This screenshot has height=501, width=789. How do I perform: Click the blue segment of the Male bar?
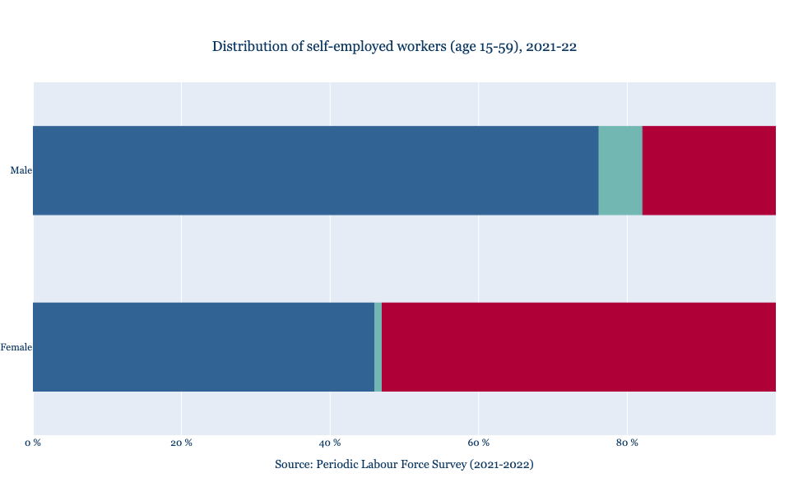pyautogui.click(x=315, y=170)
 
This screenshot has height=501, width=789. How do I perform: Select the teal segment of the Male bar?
pyautogui.click(x=620, y=170)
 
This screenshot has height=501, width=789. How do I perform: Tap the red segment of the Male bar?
pyautogui.click(x=708, y=170)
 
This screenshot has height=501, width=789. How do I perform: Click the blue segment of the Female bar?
pyautogui.click(x=203, y=347)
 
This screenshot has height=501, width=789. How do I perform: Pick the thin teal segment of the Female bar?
pyautogui.click(x=378, y=347)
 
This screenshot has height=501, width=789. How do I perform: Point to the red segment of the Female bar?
pyautogui.click(x=578, y=347)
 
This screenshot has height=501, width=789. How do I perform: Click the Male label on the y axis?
pyautogui.click(x=21, y=170)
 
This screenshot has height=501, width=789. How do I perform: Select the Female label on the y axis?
pyautogui.click(x=16, y=347)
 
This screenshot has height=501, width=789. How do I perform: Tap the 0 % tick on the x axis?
pyautogui.click(x=33, y=443)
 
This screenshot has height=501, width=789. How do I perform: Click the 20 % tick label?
pyautogui.click(x=181, y=443)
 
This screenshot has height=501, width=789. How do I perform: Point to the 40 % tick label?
pyautogui.click(x=330, y=443)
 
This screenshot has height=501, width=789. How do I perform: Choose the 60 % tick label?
pyautogui.click(x=479, y=443)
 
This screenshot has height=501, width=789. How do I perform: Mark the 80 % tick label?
pyautogui.click(x=627, y=443)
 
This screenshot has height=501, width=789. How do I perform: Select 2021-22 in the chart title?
pyautogui.click(x=552, y=46)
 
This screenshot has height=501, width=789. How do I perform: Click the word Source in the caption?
pyautogui.click(x=294, y=465)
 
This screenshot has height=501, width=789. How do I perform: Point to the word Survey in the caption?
pyautogui.click(x=447, y=465)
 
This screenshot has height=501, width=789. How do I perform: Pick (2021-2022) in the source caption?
pyautogui.click(x=502, y=465)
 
